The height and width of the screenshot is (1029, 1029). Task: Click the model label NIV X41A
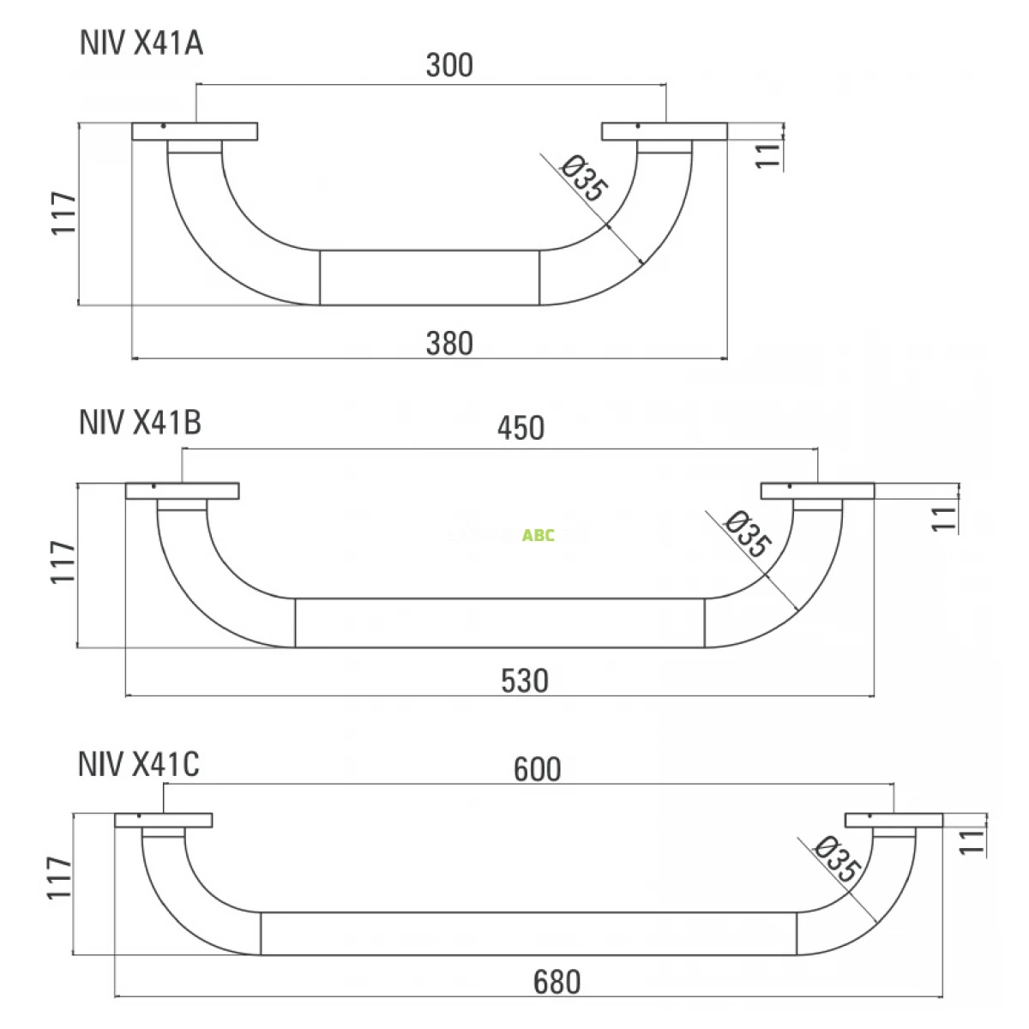(x=141, y=43)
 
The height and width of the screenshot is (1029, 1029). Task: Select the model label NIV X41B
(x=141, y=423)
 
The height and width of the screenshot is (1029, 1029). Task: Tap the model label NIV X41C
(x=139, y=764)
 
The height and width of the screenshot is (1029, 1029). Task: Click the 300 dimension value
(x=449, y=65)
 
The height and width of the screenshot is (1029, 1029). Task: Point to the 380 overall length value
(x=449, y=343)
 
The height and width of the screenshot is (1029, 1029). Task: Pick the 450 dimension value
(x=521, y=428)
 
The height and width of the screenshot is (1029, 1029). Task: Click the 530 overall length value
(x=525, y=681)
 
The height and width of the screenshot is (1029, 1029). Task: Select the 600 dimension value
(x=538, y=769)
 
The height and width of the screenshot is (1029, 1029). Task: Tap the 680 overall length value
(x=557, y=982)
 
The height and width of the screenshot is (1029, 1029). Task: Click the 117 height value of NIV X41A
(x=63, y=213)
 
